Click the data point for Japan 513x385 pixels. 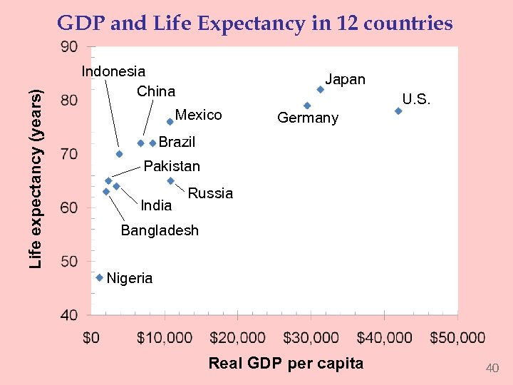point(321,90)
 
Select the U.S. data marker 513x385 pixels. point(398,111)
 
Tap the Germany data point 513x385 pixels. point(307,106)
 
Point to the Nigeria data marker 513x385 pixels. point(100,277)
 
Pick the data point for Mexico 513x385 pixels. point(170,122)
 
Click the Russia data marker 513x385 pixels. point(171,181)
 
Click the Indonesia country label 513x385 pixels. point(113,71)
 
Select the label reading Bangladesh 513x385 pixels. point(160,230)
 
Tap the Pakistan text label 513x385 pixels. point(172,166)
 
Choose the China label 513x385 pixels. point(156,91)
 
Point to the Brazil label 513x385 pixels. point(177,142)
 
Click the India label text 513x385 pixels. point(157,206)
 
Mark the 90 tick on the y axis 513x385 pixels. point(69,47)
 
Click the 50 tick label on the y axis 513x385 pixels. point(69,262)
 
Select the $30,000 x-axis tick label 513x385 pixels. point(310,338)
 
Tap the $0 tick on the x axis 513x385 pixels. point(91,338)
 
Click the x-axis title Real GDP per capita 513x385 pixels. point(286,364)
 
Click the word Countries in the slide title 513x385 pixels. point(408,24)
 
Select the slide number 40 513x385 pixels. point(492,368)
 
